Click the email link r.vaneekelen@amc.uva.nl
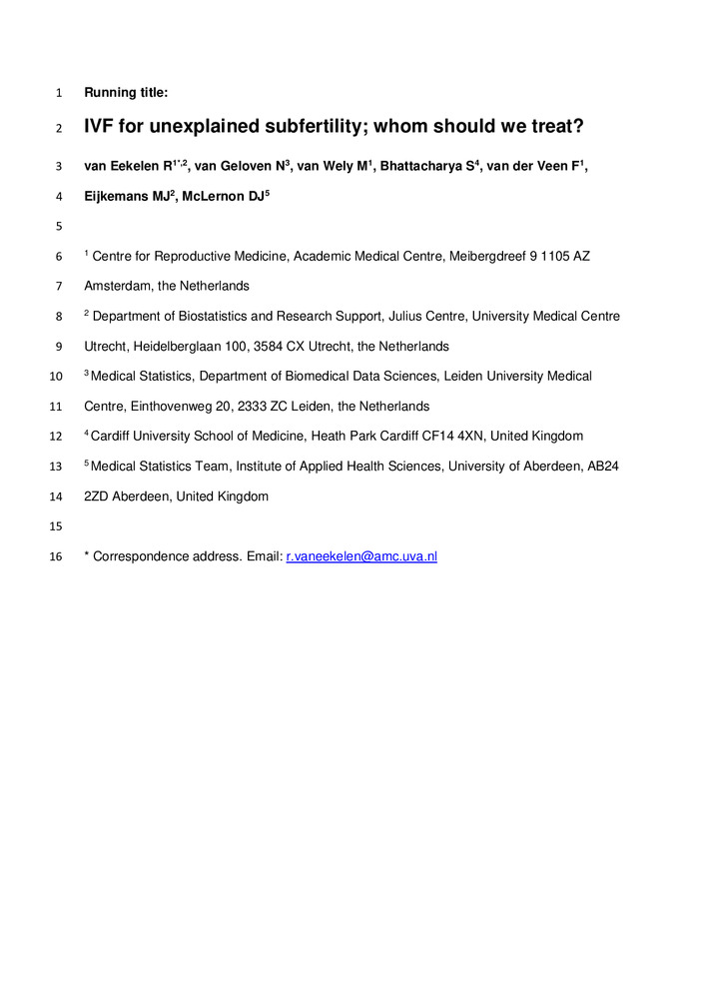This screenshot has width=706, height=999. click(x=361, y=556)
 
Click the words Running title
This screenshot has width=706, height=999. click(x=126, y=93)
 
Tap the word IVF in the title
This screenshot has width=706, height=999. click(x=101, y=127)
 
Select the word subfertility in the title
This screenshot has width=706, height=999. click(x=297, y=127)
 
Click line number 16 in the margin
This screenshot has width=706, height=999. click(x=55, y=556)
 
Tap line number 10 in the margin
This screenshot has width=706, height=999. click(x=55, y=377)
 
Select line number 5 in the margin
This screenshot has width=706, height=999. click(x=59, y=227)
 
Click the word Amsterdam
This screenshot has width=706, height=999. click(x=118, y=287)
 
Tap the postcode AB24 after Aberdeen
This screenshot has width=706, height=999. click(x=604, y=467)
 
